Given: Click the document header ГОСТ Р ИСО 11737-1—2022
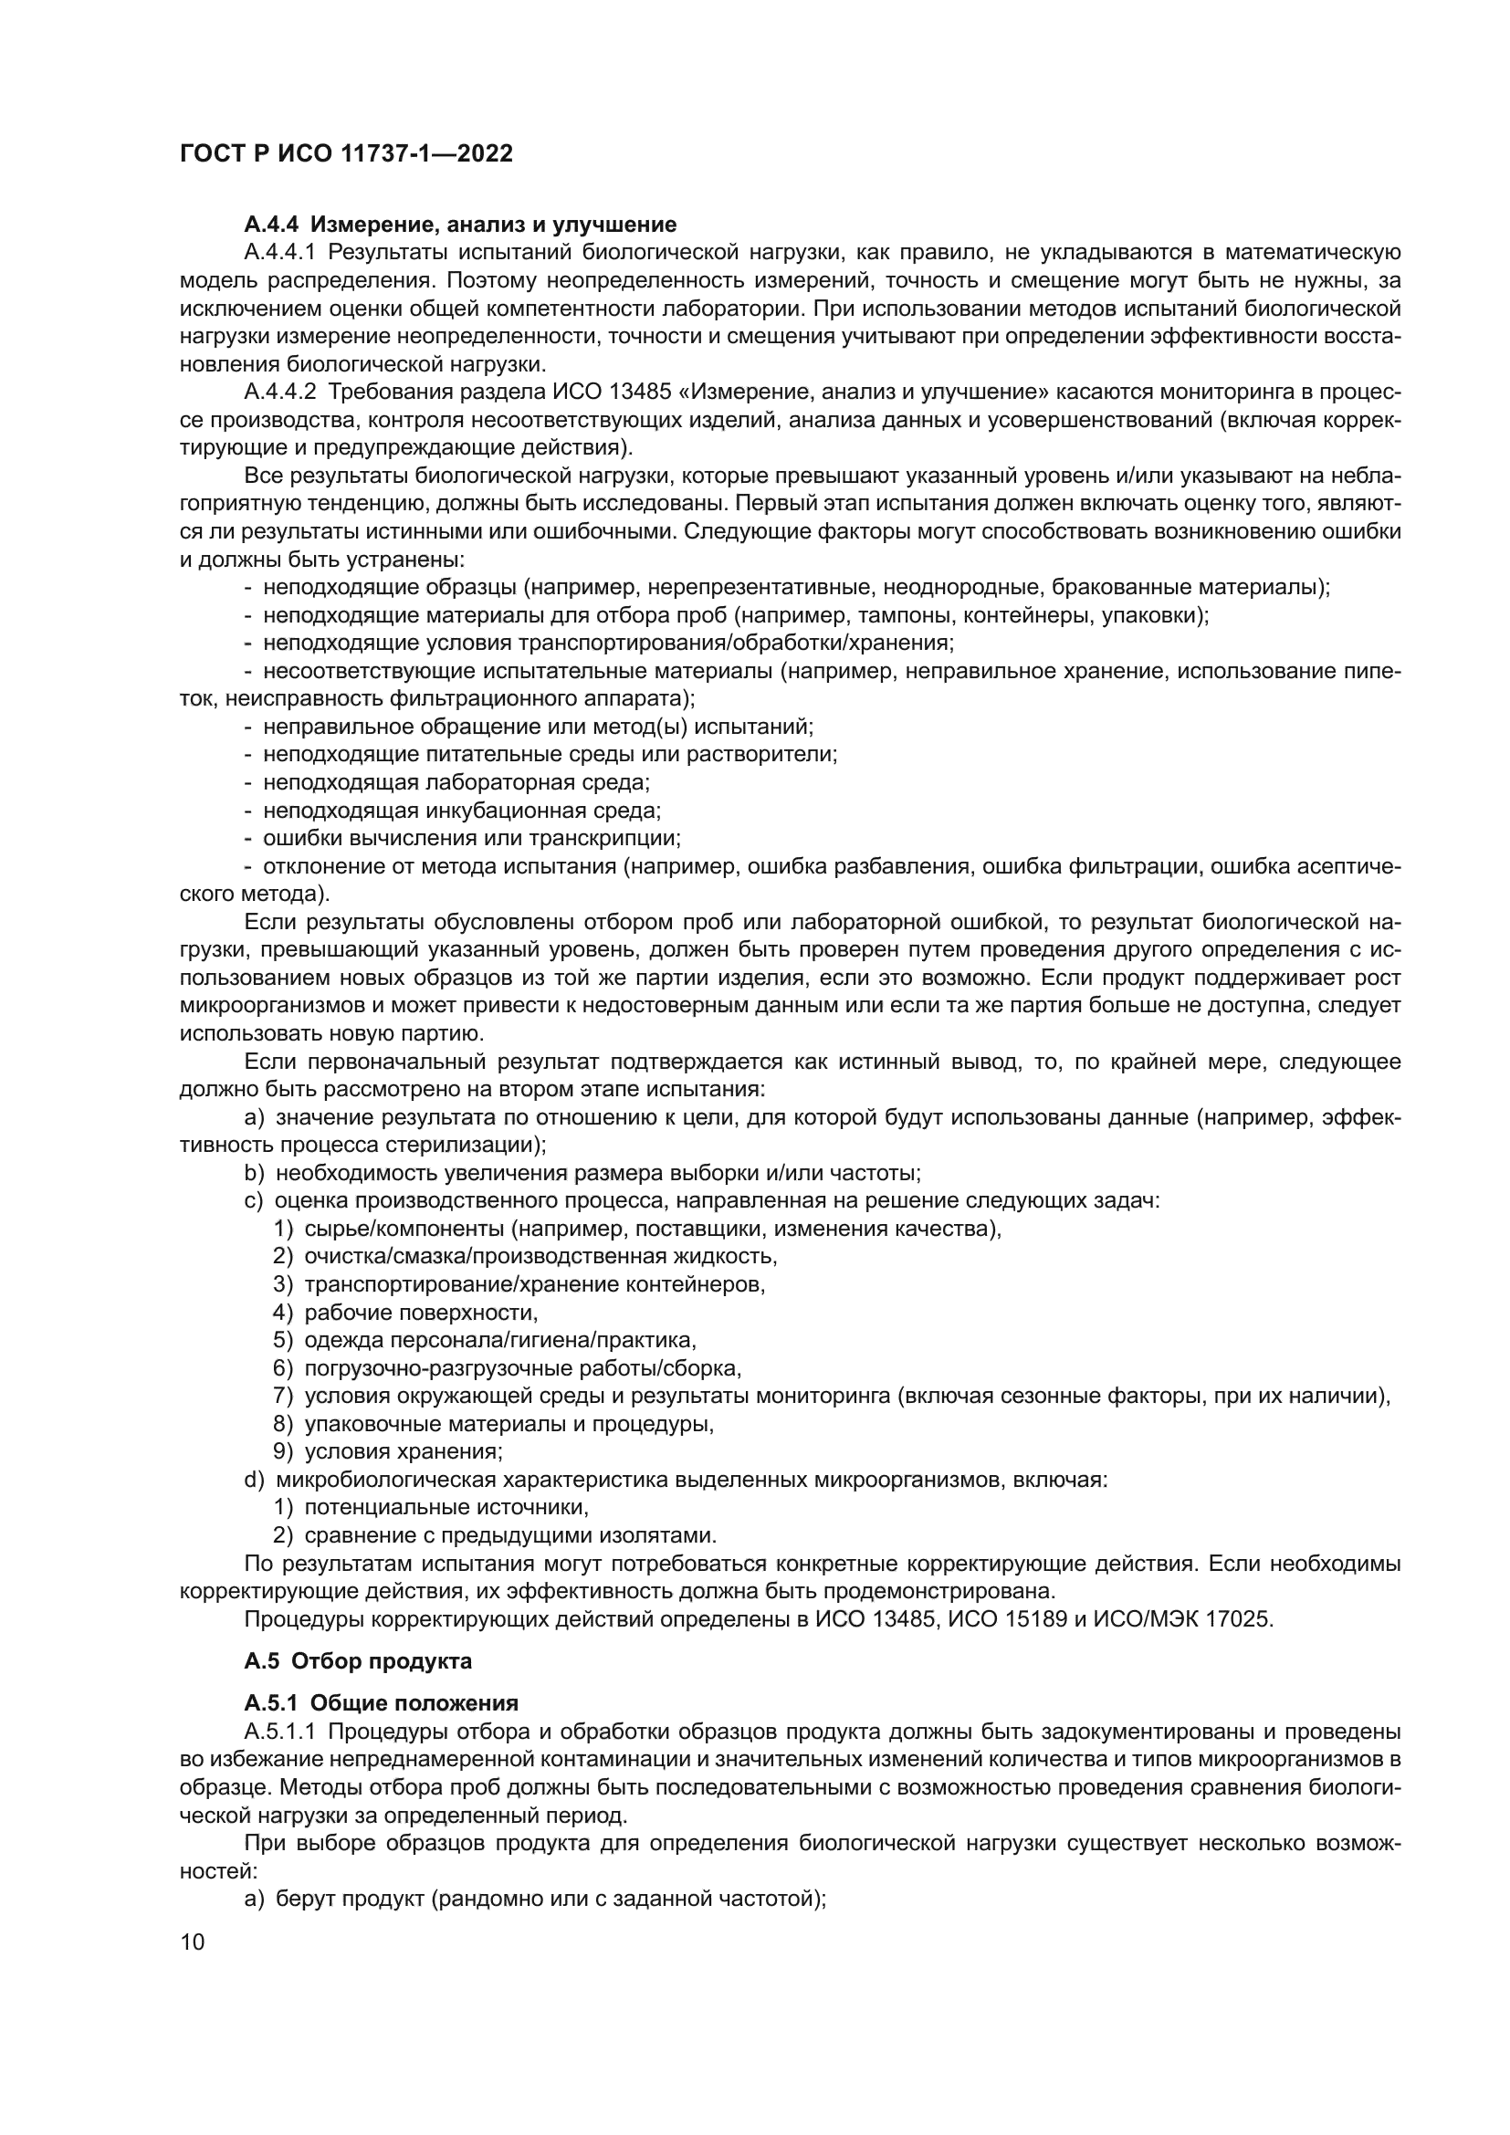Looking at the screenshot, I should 346,153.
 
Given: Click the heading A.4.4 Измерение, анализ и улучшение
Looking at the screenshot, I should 460,225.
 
